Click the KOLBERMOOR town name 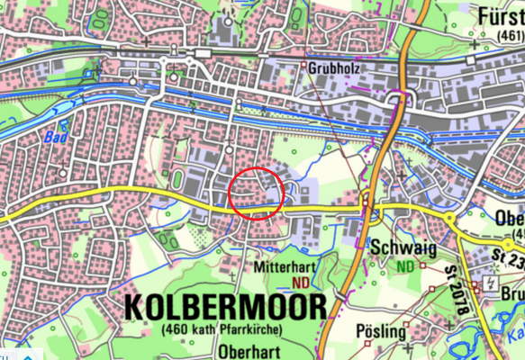(222, 307)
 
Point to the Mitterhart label (282, 267)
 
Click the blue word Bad (55, 138)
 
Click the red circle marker (257, 193)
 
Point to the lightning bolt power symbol (490, 283)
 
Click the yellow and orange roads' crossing (369, 211)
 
